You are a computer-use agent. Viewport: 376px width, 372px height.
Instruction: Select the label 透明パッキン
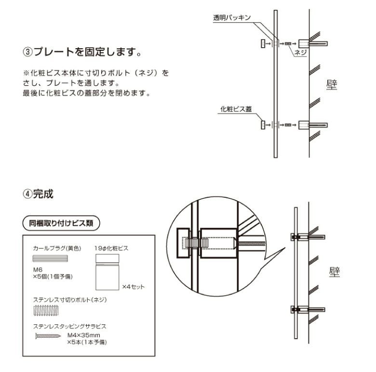click(232, 18)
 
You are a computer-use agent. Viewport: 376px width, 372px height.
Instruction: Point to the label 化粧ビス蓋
click(236, 110)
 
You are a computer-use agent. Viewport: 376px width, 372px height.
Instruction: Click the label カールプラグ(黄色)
click(57, 248)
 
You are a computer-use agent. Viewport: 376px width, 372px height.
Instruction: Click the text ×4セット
click(133, 287)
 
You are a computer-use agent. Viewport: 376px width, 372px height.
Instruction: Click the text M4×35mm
click(83, 334)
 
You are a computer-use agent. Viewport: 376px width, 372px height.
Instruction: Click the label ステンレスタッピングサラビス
click(69, 326)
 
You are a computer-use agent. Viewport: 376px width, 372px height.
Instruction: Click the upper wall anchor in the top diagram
click(305, 43)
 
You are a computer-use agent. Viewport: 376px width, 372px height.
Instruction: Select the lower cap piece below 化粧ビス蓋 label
click(262, 125)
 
